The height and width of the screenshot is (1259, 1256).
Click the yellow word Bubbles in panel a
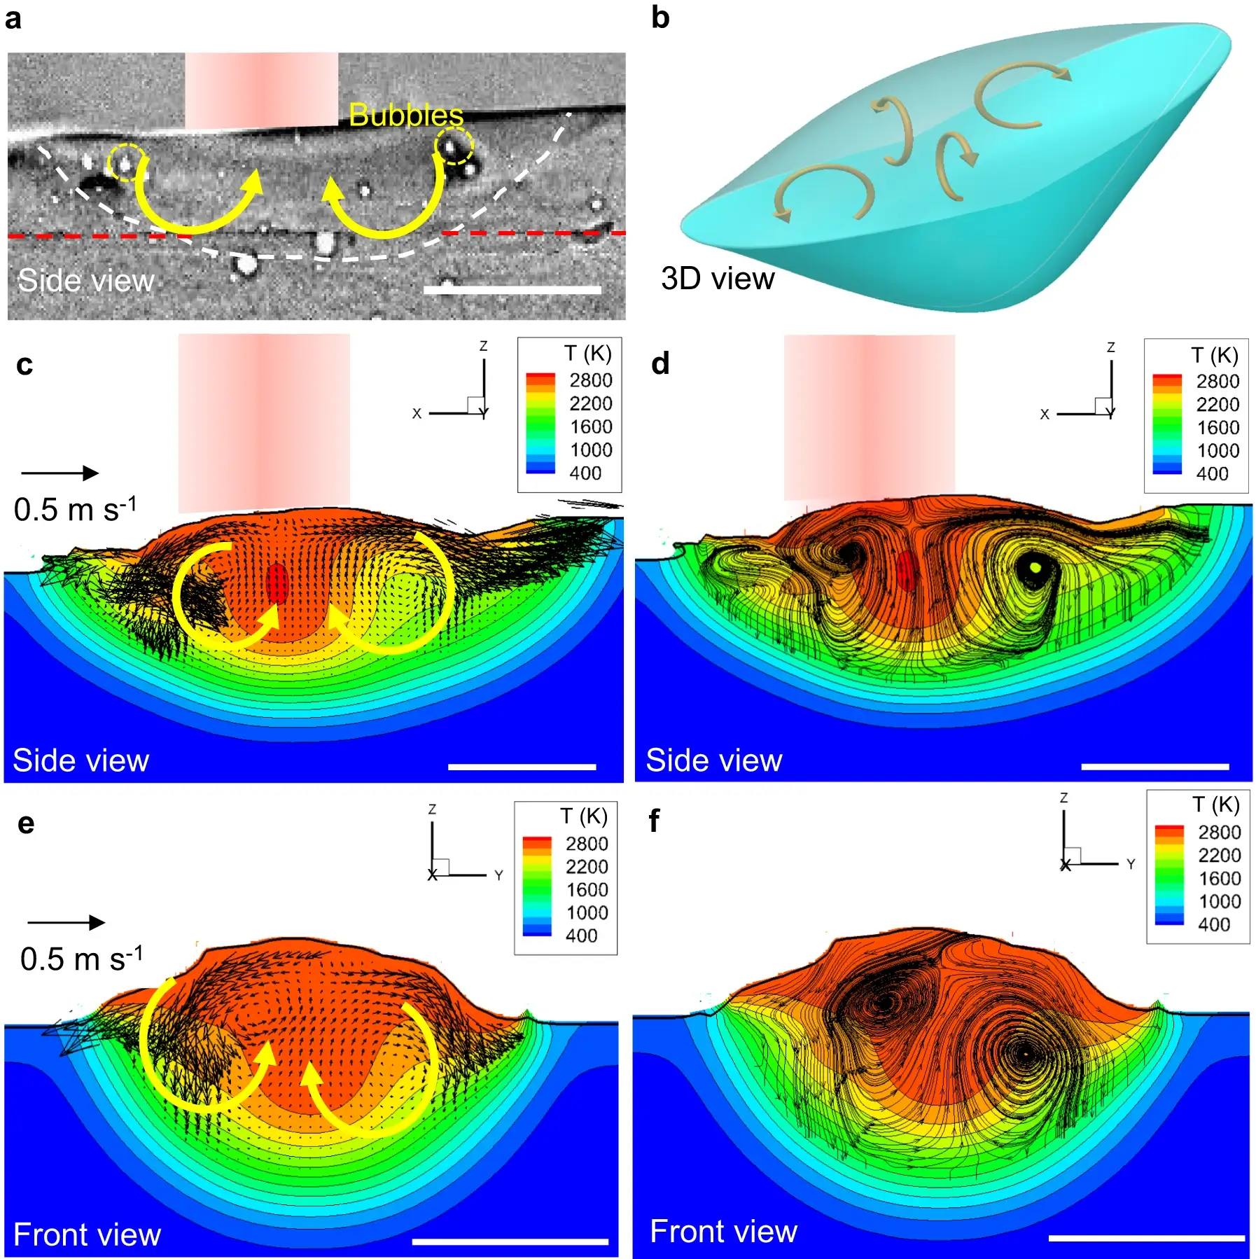(x=405, y=115)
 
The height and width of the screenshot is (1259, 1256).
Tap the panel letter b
(x=660, y=17)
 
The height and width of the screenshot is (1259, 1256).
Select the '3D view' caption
(x=718, y=279)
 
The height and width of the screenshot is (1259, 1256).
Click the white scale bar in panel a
(x=512, y=289)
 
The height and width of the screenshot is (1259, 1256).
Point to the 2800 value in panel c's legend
(x=590, y=380)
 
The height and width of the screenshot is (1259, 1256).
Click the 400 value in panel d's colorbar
(x=1212, y=474)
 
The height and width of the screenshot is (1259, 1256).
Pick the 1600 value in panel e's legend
(x=587, y=889)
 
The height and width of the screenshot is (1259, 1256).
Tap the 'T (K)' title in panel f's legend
(x=1216, y=805)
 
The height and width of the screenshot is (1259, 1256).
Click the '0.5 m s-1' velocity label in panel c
(x=76, y=509)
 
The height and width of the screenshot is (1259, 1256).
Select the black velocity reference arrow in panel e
(x=66, y=922)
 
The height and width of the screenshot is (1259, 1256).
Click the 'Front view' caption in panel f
(x=723, y=1231)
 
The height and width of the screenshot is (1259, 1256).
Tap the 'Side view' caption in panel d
(x=713, y=760)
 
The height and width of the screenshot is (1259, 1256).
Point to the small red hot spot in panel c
(x=277, y=583)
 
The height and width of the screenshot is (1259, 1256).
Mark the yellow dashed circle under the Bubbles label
(x=454, y=146)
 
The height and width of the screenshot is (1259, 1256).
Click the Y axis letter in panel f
(x=1131, y=864)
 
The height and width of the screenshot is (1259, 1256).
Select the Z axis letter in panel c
(x=483, y=347)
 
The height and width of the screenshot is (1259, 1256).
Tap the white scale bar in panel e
(x=510, y=1241)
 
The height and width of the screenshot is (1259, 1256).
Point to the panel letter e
(x=26, y=823)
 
